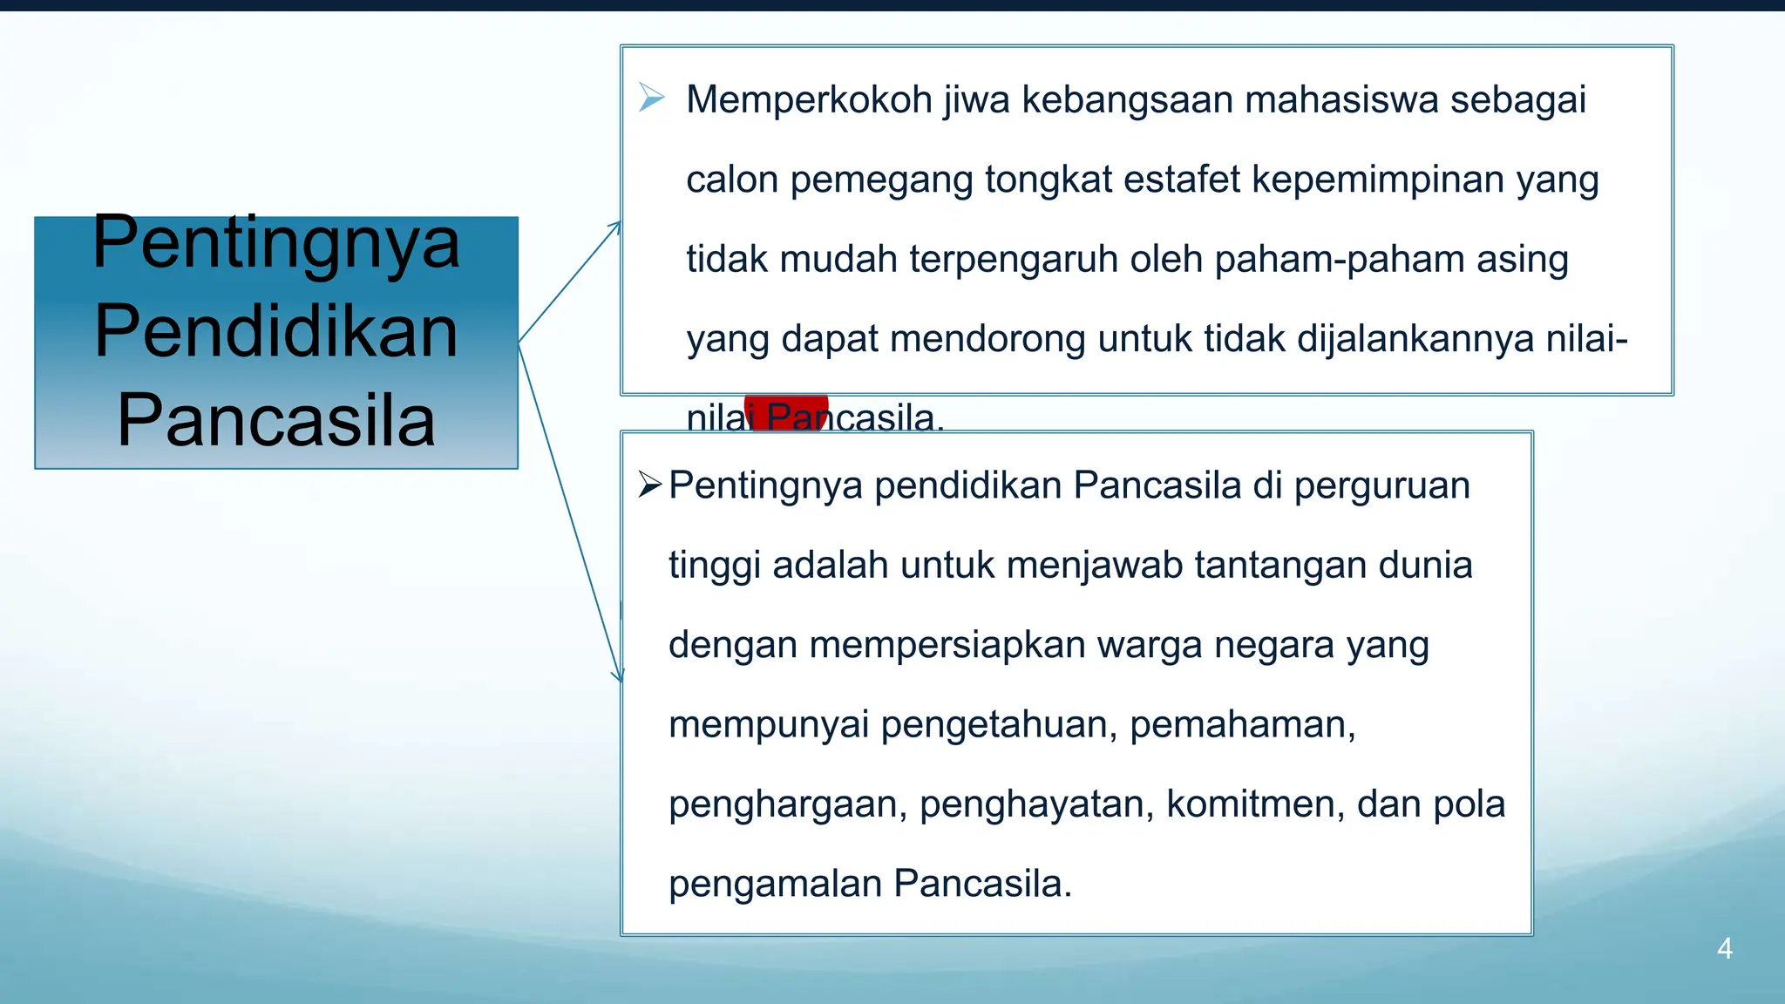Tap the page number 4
pos(1724,948)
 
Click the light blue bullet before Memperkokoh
pos(651,98)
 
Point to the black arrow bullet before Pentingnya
pos(650,485)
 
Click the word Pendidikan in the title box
pos(276,332)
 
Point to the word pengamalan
pos(776,885)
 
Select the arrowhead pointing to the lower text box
pos(618,675)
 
